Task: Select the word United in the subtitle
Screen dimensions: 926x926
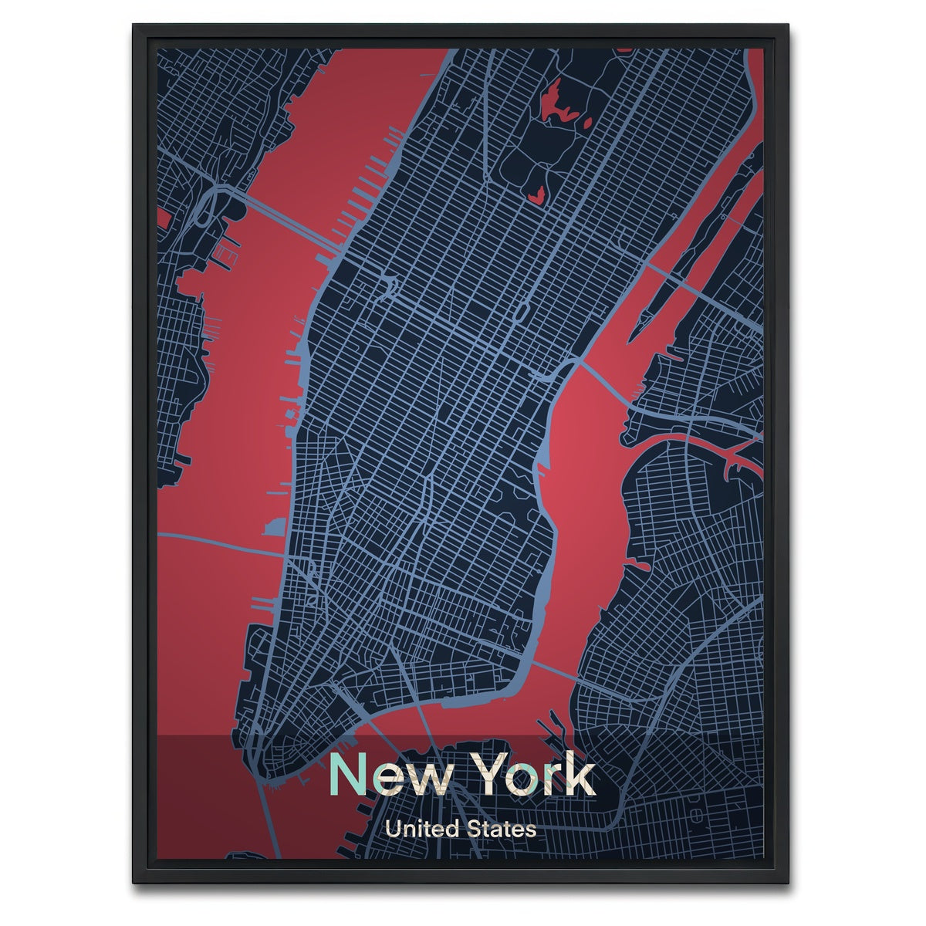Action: tap(422, 830)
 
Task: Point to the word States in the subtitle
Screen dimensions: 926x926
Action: tap(501, 830)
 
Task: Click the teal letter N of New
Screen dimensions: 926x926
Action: tap(348, 776)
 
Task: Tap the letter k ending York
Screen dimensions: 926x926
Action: tap(581, 776)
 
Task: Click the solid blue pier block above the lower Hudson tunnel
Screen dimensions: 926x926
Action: tap(272, 528)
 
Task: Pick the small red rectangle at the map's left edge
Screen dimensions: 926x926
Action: tap(163, 218)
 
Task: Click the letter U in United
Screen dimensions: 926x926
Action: tap(392, 830)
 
